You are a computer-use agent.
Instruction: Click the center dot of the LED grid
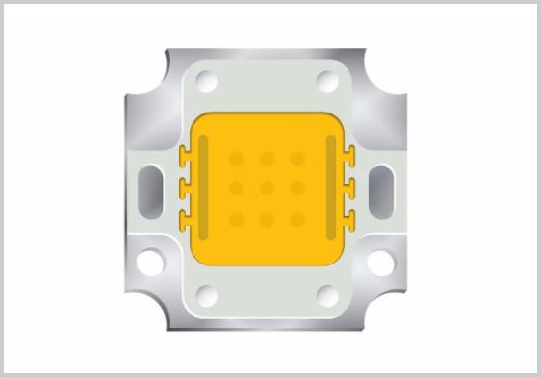[267, 188]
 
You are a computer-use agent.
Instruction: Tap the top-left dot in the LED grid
[236, 158]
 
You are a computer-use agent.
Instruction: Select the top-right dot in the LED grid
[297, 158]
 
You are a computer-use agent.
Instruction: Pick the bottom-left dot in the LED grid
[236, 219]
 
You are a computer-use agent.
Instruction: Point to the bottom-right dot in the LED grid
[297, 219]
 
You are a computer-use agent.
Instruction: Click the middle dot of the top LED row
[267, 158]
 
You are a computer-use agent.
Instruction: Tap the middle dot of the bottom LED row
[267, 219]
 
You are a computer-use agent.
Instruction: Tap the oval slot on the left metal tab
[151, 187]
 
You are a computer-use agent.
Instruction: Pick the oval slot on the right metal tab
[381, 187]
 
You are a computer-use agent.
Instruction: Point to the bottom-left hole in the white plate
[206, 294]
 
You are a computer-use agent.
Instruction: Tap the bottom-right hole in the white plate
[327, 294]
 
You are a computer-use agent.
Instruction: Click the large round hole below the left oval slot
[151, 263]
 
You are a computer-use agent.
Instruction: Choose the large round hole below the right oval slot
[381, 263]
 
